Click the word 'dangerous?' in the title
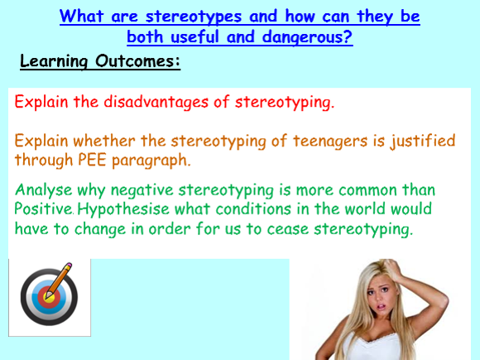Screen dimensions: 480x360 [307, 38]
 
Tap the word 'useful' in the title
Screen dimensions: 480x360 [194, 36]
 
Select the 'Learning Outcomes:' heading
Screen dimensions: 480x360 [100, 61]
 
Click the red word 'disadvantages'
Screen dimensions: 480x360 [156, 102]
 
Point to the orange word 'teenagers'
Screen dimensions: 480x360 [330, 142]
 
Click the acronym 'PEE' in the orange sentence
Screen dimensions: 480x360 [92, 160]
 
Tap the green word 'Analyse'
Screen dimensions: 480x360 [44, 190]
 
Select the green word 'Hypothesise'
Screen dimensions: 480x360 [123, 209]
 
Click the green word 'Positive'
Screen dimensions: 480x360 [43, 209]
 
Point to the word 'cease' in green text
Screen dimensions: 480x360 [287, 229]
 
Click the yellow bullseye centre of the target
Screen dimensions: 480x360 [49, 297]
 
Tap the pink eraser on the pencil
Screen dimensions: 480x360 [69, 265]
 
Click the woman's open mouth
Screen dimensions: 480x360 [382, 306]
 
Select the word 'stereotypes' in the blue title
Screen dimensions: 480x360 [194, 17]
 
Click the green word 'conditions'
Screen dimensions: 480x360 [253, 209]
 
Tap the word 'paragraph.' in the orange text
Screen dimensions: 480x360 [151, 161]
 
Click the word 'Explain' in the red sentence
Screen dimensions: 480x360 [41, 102]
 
